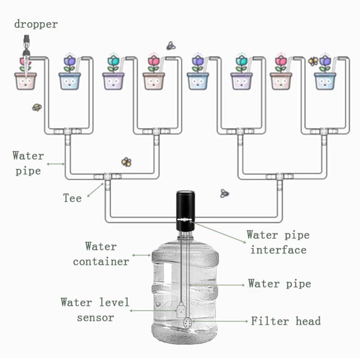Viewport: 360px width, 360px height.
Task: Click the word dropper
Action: click(36, 24)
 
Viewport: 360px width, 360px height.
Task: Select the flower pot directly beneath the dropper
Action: click(26, 81)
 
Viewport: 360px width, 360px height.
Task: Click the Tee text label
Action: click(72, 198)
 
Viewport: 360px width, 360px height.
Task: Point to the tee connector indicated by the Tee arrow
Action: click(107, 176)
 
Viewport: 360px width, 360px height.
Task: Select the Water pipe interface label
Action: click(278, 242)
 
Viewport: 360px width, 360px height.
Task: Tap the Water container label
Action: click(101, 254)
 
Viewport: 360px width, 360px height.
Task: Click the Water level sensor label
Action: click(95, 310)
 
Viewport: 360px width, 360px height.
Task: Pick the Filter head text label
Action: click(286, 321)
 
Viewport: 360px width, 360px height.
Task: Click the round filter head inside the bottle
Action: click(187, 323)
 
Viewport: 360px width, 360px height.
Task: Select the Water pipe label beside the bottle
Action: click(279, 284)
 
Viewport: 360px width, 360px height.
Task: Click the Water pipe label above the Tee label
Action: click(28, 163)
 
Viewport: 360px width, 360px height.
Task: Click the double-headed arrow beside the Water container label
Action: click(141, 255)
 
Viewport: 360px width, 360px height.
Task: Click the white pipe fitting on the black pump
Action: click(184, 219)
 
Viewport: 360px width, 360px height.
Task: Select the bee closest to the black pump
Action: click(224, 193)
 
